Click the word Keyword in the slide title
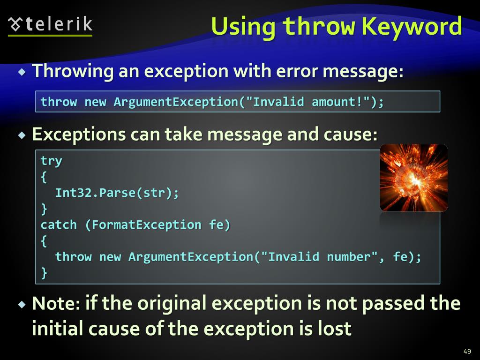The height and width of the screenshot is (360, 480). [412, 26]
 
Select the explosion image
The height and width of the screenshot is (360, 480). [413, 178]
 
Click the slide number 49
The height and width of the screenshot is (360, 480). [466, 352]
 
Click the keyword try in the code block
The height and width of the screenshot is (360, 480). [51, 161]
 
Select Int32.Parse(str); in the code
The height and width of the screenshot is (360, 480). [117, 193]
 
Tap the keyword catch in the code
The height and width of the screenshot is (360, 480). [59, 225]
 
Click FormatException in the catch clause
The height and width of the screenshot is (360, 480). [146, 225]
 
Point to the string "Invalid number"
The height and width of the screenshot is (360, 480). [319, 257]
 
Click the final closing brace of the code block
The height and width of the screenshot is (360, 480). [44, 273]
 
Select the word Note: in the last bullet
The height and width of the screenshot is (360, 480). [56, 304]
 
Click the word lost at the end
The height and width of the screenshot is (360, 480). [333, 329]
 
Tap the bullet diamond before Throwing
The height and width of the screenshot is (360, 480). [22, 72]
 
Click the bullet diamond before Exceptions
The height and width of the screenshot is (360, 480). [22, 135]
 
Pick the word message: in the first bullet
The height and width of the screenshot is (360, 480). [363, 72]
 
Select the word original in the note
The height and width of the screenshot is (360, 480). [170, 304]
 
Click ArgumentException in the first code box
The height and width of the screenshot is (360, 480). [176, 102]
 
